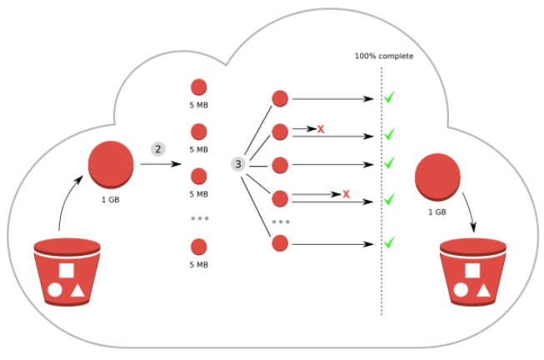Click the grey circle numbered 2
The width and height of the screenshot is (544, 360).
tap(157, 149)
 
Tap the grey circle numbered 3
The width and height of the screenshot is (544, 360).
tap(238, 164)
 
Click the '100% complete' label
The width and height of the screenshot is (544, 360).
tap(383, 57)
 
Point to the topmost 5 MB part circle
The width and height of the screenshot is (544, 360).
tap(198, 87)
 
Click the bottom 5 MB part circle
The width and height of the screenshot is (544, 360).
tap(198, 247)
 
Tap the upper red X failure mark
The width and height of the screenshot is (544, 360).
tap(320, 128)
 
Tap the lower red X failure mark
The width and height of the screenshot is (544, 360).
tap(346, 194)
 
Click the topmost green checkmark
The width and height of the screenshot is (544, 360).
tap(388, 99)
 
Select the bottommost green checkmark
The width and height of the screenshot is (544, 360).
tap(388, 242)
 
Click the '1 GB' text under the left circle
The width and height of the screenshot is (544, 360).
tap(111, 201)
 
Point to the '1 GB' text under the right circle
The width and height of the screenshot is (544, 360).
tap(437, 212)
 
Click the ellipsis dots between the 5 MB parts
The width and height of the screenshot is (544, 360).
tap(198, 218)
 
